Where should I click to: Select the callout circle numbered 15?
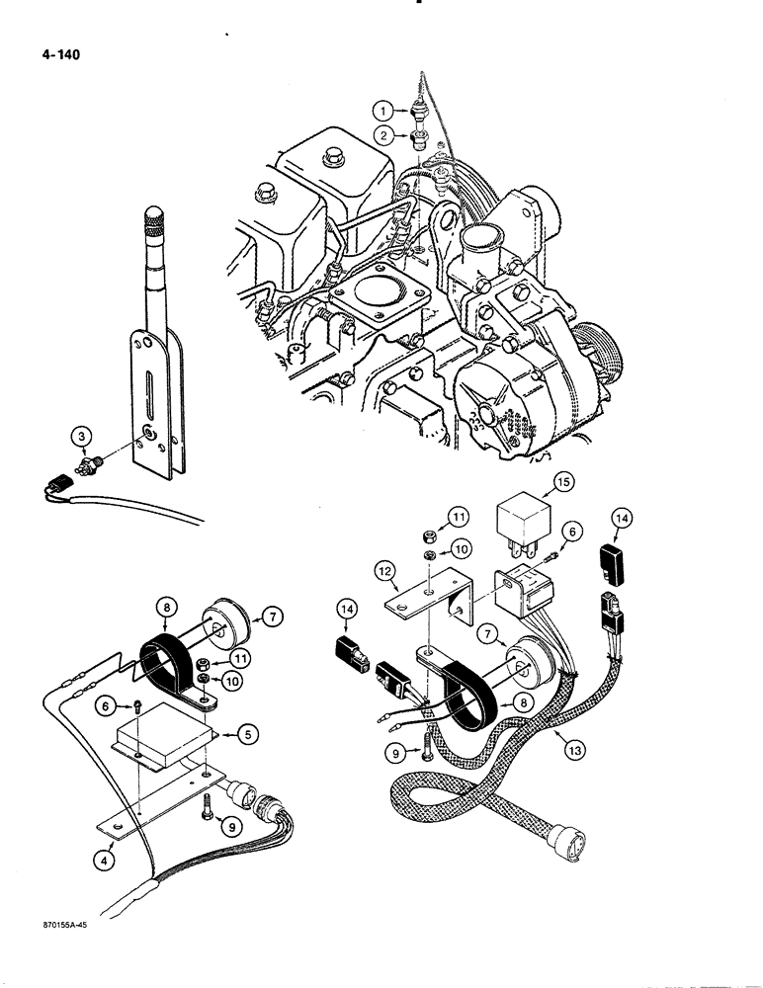(562, 482)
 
